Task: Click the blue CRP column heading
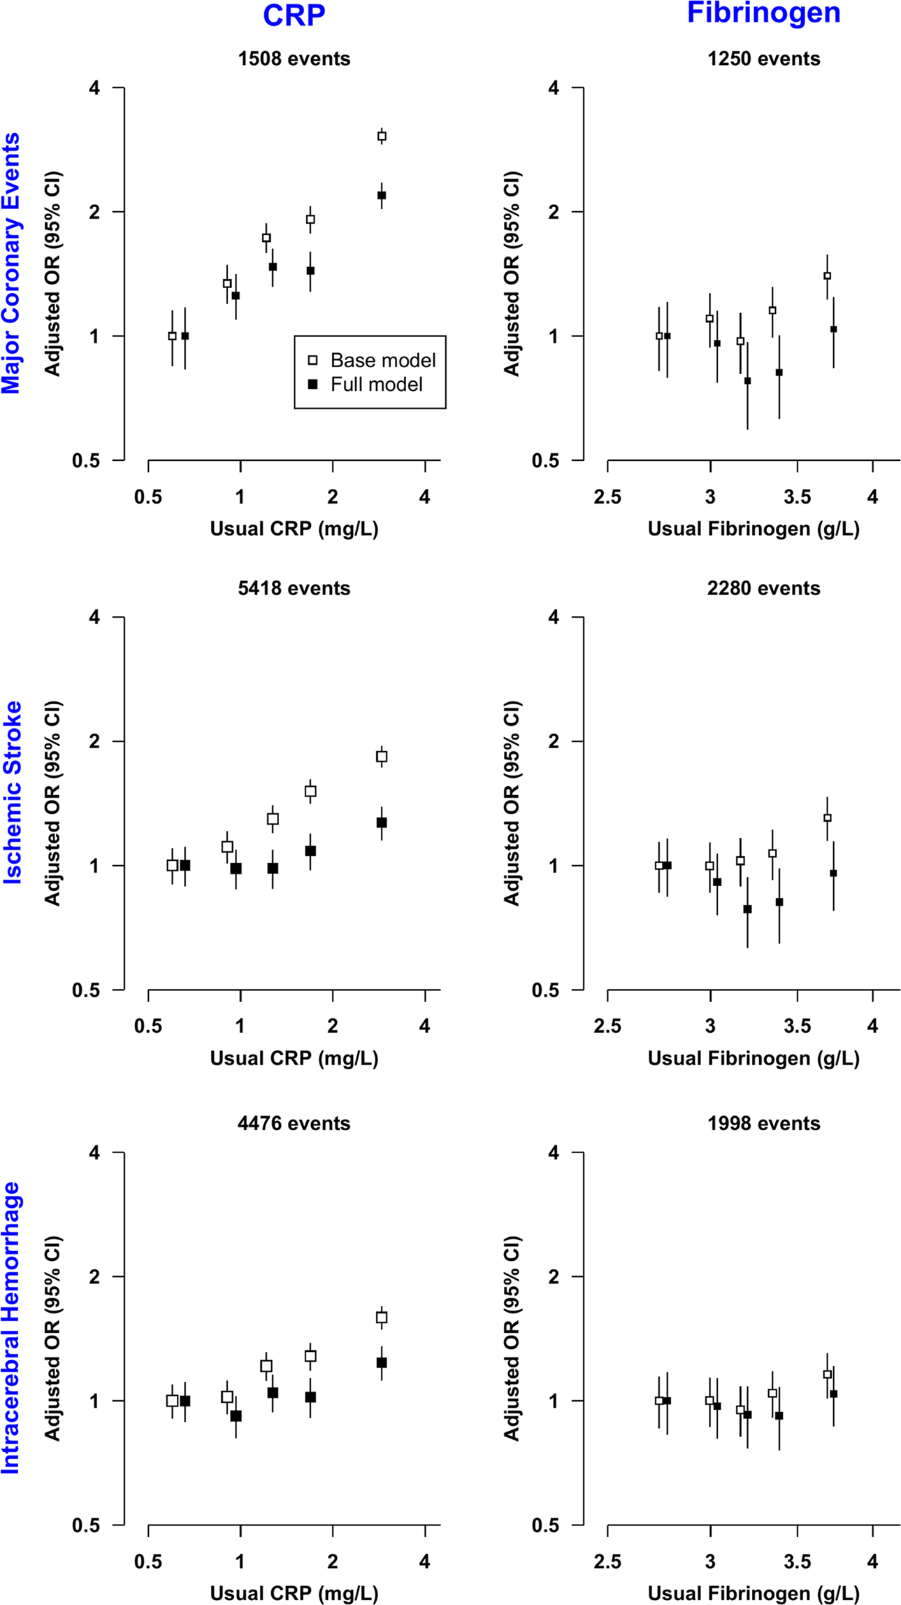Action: pos(294,15)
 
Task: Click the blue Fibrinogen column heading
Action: pos(763,13)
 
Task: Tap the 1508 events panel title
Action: pos(294,59)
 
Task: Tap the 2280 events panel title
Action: pos(763,588)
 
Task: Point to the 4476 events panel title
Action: pos(294,1123)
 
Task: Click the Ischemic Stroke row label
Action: pos(12,792)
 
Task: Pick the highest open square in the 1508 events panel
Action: pos(382,136)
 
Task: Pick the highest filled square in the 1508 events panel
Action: pos(382,195)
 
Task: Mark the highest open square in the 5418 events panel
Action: pos(382,756)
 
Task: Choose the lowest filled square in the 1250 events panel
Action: pos(747,381)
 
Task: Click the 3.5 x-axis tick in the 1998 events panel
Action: pos(797,1562)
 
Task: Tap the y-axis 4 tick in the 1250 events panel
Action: pos(554,88)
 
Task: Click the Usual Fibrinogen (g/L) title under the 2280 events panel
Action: pos(753,1058)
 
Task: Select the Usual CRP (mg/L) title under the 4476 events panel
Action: pos(294,1593)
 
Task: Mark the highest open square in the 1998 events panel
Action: pos(827,1374)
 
